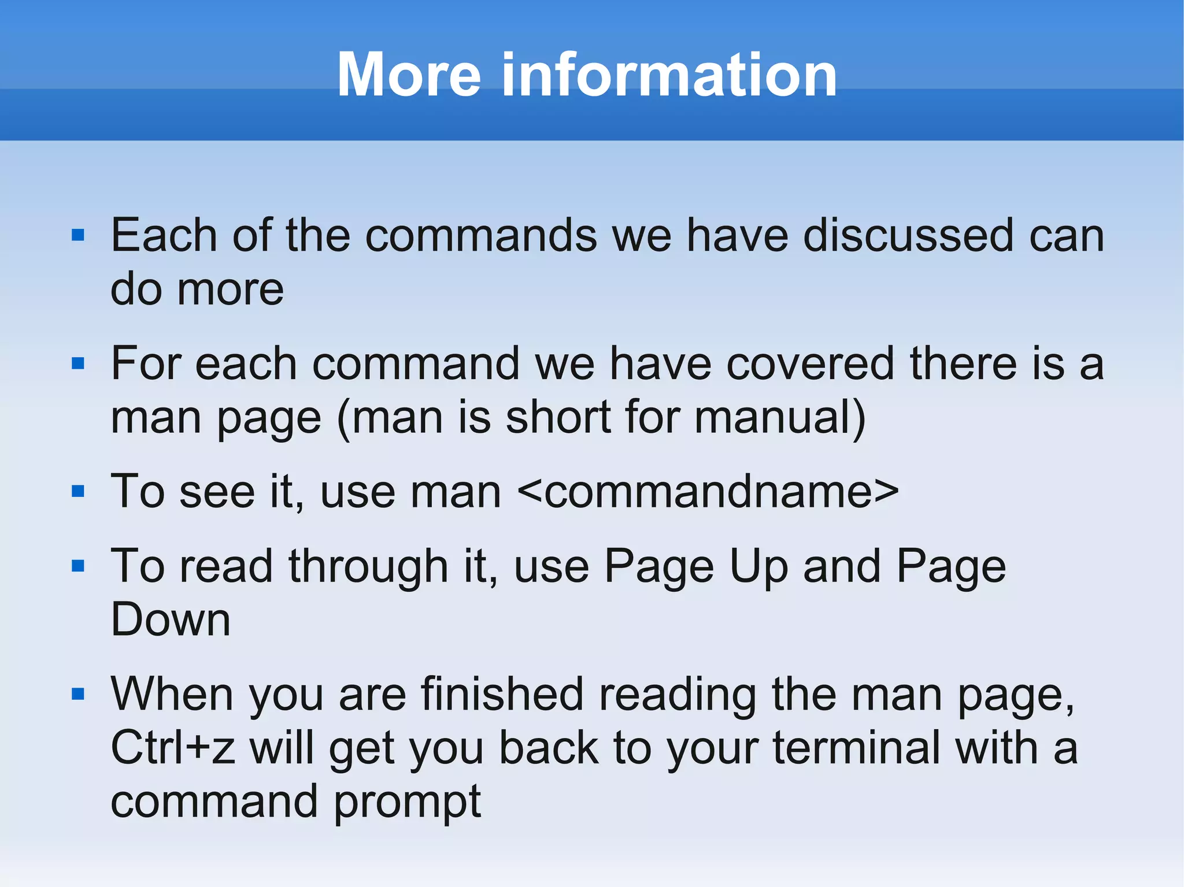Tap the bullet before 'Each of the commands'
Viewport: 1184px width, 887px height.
(x=78, y=235)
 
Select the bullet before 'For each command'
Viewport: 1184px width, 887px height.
(x=78, y=363)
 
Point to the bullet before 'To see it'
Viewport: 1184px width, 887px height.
(x=78, y=492)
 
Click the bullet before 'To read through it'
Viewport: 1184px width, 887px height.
(x=78, y=566)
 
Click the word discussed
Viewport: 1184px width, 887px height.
(x=908, y=235)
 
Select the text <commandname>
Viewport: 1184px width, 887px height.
(x=708, y=492)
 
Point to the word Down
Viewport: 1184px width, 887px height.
(x=171, y=619)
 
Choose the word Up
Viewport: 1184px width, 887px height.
(x=758, y=567)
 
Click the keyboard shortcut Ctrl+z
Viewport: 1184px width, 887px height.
(x=172, y=748)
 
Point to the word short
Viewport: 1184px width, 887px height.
(x=558, y=417)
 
